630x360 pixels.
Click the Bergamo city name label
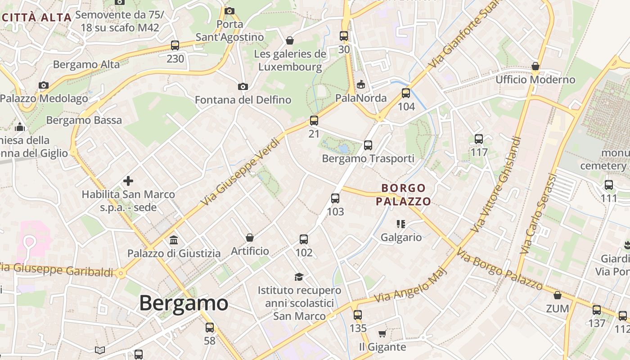(184, 303)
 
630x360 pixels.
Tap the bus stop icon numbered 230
(175, 45)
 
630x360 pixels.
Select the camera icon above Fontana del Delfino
(243, 86)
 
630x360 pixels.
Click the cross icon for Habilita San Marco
(128, 181)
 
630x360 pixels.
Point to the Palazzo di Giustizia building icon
(174, 240)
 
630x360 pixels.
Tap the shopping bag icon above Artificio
(250, 238)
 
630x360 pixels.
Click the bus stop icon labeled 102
(304, 239)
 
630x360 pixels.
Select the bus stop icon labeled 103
(335, 198)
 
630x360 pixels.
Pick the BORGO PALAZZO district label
(403, 194)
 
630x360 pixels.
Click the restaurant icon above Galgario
(401, 224)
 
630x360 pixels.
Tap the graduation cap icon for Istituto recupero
(299, 277)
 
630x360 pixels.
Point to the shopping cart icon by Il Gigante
(382, 334)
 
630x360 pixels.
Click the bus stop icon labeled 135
(358, 315)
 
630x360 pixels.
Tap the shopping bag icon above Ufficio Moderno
(535, 67)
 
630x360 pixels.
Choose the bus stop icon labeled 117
(479, 139)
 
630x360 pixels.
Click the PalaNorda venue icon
(361, 85)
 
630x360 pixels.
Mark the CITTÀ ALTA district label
(37, 18)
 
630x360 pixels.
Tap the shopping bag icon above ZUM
(558, 296)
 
